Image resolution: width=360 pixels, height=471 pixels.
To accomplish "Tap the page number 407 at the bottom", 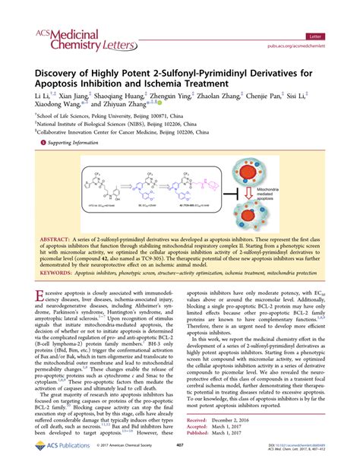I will pos(180,457).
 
